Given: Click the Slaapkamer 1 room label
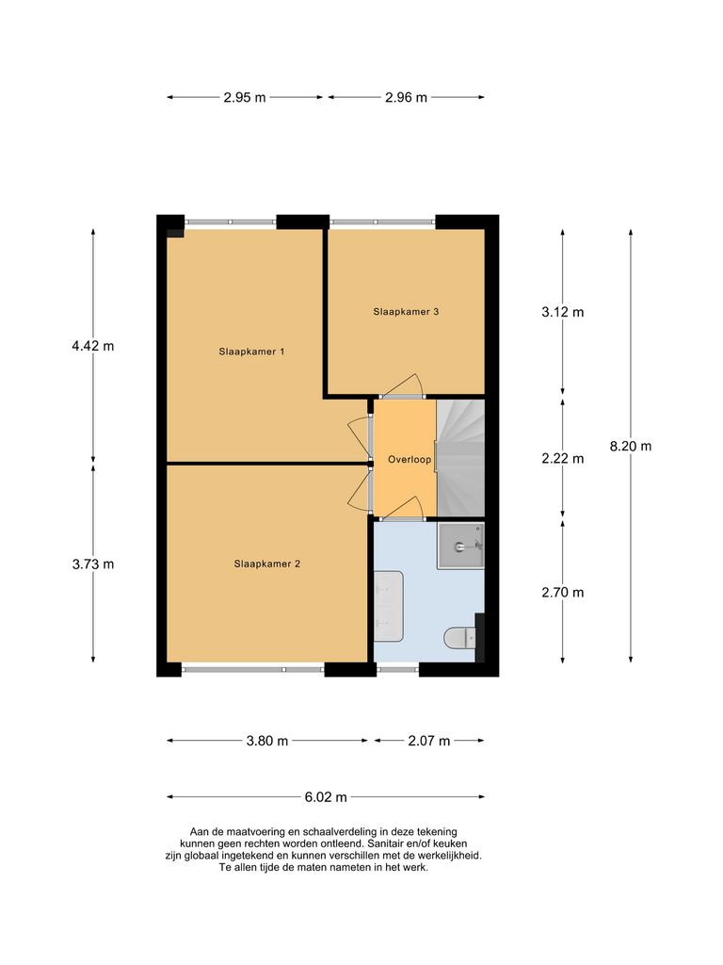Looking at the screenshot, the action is click(251, 352).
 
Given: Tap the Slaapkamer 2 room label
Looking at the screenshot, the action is click(266, 564).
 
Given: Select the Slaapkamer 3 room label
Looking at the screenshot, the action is click(406, 311).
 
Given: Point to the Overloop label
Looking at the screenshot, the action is click(410, 460).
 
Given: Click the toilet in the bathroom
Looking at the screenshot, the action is click(459, 638).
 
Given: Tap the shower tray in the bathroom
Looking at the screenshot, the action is click(460, 546).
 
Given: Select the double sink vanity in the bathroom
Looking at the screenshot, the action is click(389, 606).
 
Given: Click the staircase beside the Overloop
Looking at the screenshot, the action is click(460, 458).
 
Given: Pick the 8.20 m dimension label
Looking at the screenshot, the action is click(630, 446).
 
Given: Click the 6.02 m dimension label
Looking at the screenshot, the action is click(326, 797).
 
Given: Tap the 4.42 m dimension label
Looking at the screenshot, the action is click(93, 346).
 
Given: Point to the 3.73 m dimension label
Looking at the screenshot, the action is click(93, 564).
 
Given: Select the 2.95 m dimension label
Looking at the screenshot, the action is click(245, 97).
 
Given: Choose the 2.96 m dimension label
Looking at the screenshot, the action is click(406, 97).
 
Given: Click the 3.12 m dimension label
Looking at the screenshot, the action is click(563, 312).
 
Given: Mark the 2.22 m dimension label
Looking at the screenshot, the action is click(563, 459).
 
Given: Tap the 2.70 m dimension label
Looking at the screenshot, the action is click(563, 593).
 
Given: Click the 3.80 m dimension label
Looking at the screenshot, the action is click(266, 741).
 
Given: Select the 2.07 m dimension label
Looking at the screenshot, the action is click(429, 741).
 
